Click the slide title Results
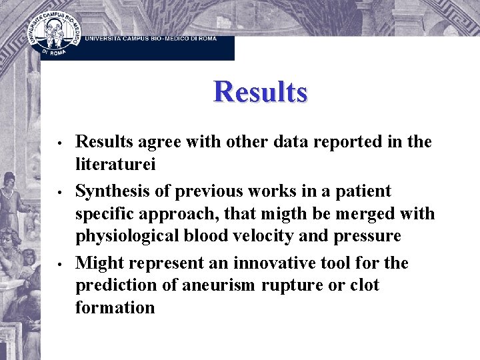pos(260,92)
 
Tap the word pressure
pos(369,236)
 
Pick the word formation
pos(115,307)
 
